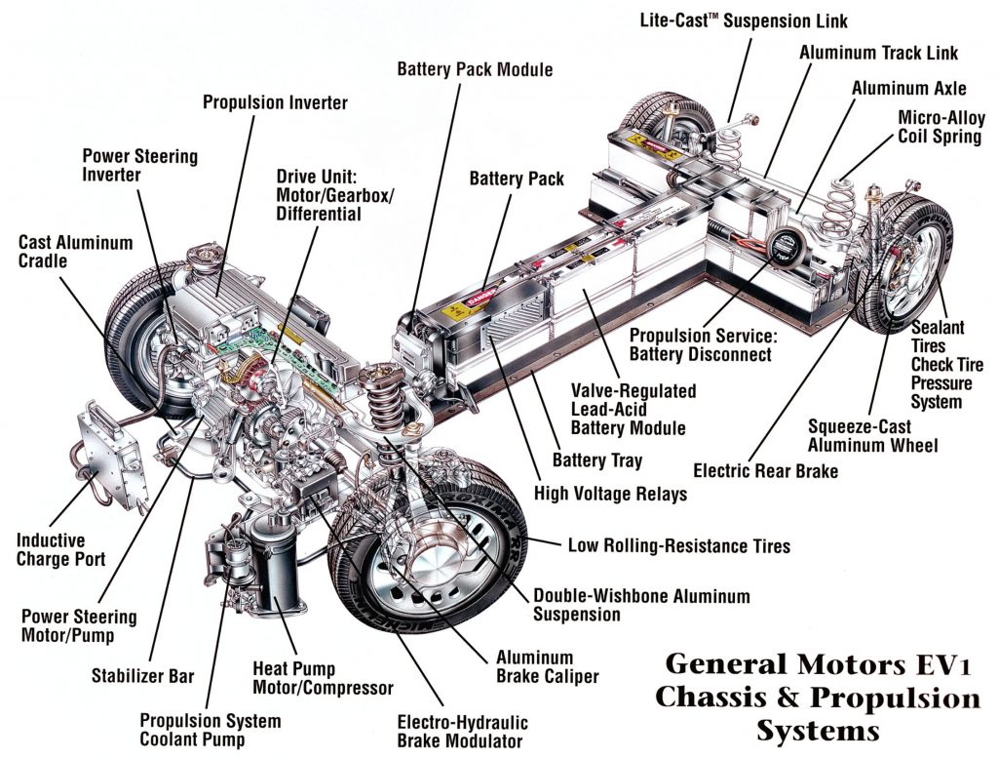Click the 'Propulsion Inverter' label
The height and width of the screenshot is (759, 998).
[275, 101]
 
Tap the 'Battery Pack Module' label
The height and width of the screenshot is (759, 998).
[475, 69]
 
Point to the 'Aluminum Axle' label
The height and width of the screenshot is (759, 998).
[908, 88]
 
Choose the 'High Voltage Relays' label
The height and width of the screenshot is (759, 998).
[610, 494]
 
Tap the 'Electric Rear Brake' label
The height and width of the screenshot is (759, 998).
[765, 471]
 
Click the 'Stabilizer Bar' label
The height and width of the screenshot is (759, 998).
[142, 674]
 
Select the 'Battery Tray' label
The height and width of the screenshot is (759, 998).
[597, 459]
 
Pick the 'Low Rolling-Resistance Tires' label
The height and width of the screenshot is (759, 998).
[679, 545]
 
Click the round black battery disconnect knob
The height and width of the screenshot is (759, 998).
[782, 246]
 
